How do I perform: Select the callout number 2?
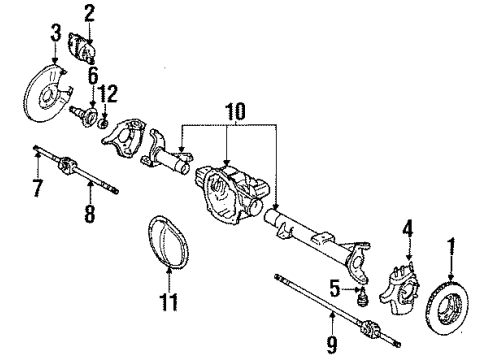tap(89, 13)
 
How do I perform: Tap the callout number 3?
tap(55, 39)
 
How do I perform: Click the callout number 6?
tap(92, 75)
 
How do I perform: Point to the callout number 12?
tap(111, 92)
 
